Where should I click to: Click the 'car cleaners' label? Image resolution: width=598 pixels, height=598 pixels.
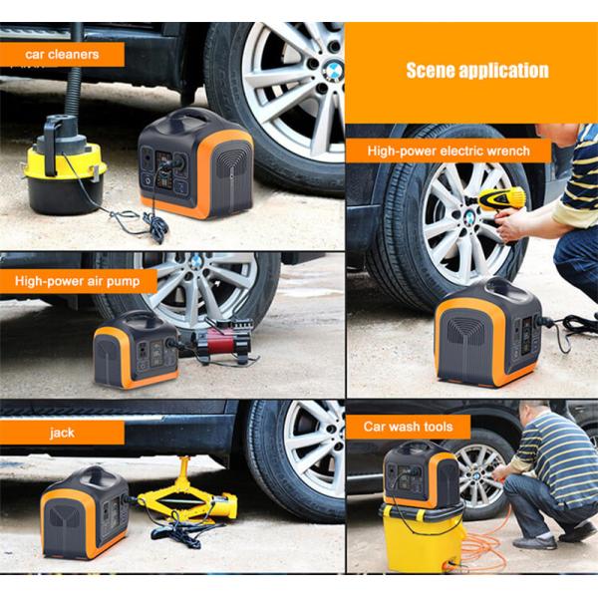point(62,54)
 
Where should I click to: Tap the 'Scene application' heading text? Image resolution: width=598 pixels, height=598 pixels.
point(477,71)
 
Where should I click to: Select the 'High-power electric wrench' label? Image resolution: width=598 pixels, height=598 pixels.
point(448,151)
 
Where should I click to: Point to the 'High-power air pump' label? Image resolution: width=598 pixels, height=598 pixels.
point(78,281)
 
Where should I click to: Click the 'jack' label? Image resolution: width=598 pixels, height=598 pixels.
point(62,433)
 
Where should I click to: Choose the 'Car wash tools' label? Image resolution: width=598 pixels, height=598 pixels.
point(408,427)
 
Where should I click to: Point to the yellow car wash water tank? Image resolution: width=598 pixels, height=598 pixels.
point(423,538)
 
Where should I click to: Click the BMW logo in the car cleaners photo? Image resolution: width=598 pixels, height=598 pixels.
point(334,71)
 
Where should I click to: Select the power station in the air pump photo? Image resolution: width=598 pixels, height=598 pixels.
point(136,350)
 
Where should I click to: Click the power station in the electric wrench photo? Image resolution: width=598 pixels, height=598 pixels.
point(489,332)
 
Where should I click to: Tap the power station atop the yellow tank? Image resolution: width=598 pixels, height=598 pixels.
point(422,474)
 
